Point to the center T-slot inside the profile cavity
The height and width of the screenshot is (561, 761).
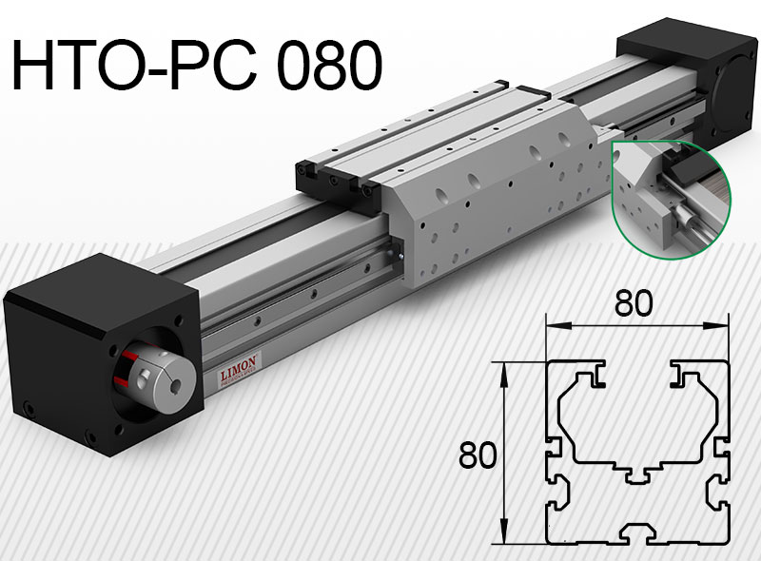637,472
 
